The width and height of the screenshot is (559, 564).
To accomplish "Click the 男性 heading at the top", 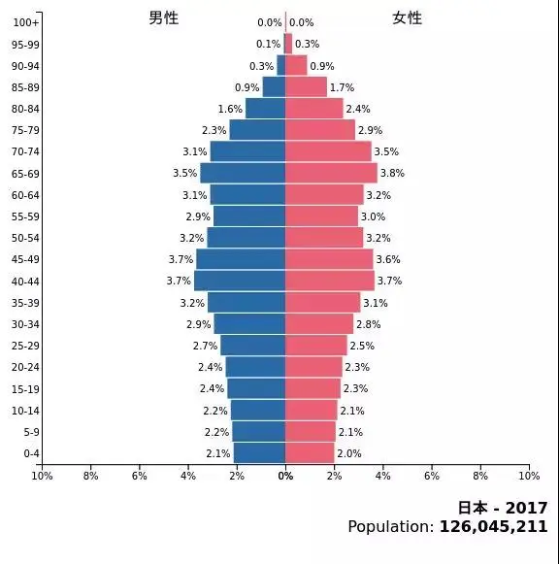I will point(163,18).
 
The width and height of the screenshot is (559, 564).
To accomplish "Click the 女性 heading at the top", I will point(407,18).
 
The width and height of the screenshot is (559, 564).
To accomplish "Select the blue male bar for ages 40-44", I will point(240,281).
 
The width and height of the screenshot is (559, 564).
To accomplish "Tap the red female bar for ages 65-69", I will point(331,173).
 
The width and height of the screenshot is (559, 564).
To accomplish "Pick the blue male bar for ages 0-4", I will point(259,452).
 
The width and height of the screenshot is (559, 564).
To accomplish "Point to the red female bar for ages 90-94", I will point(296,66).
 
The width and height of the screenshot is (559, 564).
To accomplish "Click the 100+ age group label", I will point(26,22).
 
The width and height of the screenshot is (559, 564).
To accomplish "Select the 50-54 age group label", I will point(25,238).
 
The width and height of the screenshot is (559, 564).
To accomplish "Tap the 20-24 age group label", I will point(25,367).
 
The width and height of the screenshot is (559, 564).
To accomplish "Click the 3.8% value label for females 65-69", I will point(392,174).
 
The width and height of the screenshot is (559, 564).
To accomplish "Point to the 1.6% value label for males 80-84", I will point(230,110).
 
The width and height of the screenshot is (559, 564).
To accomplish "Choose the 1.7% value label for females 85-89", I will point(342,87).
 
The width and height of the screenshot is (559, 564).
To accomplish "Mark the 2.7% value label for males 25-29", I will point(205,347).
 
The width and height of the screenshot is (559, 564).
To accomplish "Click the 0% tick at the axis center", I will point(285,476).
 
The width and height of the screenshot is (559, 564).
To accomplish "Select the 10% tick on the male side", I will point(42,476).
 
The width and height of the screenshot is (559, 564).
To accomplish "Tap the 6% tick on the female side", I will point(432,476).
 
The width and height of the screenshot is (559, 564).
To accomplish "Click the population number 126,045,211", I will point(493,526).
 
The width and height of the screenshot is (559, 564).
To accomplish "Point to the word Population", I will point(390,526).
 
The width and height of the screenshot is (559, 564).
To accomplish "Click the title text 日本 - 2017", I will point(502,508).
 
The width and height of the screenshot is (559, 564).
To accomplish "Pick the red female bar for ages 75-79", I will point(320,130).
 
